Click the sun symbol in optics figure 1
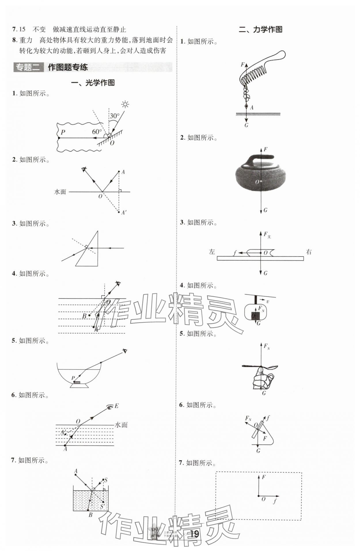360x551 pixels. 125,104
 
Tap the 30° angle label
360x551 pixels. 114,116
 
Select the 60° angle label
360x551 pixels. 97,132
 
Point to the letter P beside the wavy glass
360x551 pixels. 63,132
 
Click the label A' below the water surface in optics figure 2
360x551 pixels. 124,213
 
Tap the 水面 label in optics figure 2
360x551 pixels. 60,192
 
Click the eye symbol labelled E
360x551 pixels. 109,406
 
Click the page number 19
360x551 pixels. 194,534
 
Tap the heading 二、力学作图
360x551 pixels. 260,29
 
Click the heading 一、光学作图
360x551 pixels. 93,83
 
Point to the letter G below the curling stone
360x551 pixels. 265,210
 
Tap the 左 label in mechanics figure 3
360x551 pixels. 212,252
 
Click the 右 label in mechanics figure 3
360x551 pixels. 309,252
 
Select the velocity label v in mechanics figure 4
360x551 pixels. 268,301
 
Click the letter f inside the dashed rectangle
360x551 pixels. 274,501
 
